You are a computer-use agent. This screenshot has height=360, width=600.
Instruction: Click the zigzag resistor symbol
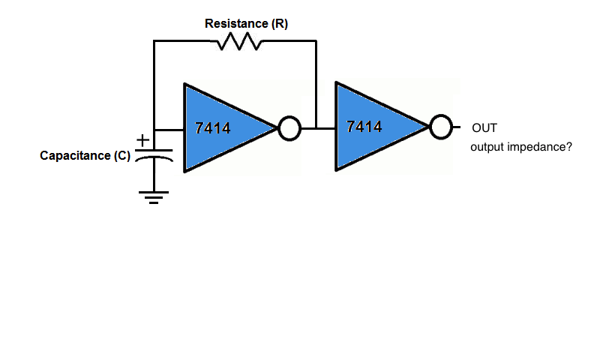click(239, 43)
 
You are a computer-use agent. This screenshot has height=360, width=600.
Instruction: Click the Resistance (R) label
click(246, 24)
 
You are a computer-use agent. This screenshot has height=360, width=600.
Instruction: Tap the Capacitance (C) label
click(85, 156)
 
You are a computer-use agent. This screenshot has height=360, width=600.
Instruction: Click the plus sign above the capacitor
click(142, 139)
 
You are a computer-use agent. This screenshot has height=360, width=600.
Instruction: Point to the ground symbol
click(154, 196)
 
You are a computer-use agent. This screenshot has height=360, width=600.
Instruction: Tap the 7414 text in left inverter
click(212, 128)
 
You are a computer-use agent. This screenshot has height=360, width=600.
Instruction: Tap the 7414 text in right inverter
click(364, 127)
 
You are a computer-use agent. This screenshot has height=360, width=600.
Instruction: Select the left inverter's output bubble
click(289, 129)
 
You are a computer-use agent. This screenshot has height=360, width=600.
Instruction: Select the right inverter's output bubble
click(441, 127)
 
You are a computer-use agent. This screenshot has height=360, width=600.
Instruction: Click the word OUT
click(484, 127)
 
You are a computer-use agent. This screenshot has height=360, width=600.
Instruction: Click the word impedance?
click(541, 147)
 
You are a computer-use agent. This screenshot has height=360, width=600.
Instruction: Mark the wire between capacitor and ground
click(154, 177)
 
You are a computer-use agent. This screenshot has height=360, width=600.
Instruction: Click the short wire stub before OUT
click(457, 128)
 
